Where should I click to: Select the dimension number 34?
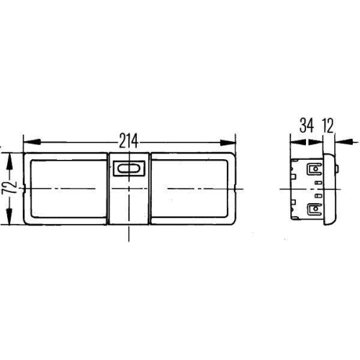pos(306,127)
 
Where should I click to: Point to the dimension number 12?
pos(330,127)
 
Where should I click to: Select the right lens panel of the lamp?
pos(191,189)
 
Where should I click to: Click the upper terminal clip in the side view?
pos(315,171)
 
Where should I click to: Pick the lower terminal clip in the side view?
pos(315,210)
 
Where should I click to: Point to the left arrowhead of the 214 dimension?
pos(27,141)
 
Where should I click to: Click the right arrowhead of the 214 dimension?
pos(232,141)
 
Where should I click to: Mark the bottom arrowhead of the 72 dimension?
pos(9,220)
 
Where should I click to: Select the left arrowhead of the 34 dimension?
pos(294,141)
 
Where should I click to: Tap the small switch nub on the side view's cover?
pos(338,169)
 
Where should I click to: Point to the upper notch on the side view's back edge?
pos(294,173)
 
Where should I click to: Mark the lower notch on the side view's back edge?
pos(294,203)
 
